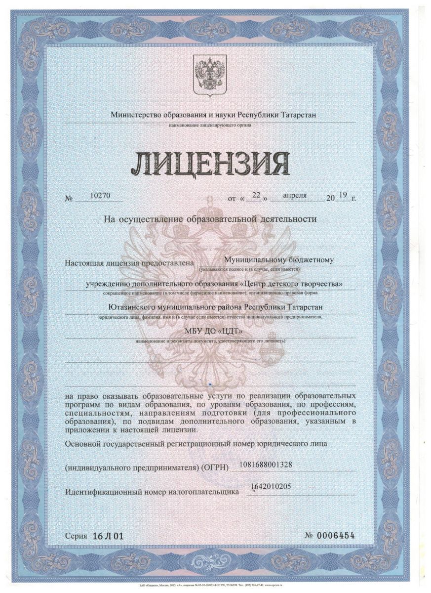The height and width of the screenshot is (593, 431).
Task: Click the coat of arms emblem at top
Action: pos(209,75)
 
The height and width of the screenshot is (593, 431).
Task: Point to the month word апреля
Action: pos(295,195)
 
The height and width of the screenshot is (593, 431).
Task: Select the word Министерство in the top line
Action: pos(134,115)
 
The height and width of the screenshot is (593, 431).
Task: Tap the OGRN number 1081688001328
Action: pos(268,465)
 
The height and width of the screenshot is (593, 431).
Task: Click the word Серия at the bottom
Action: pos(75,536)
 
